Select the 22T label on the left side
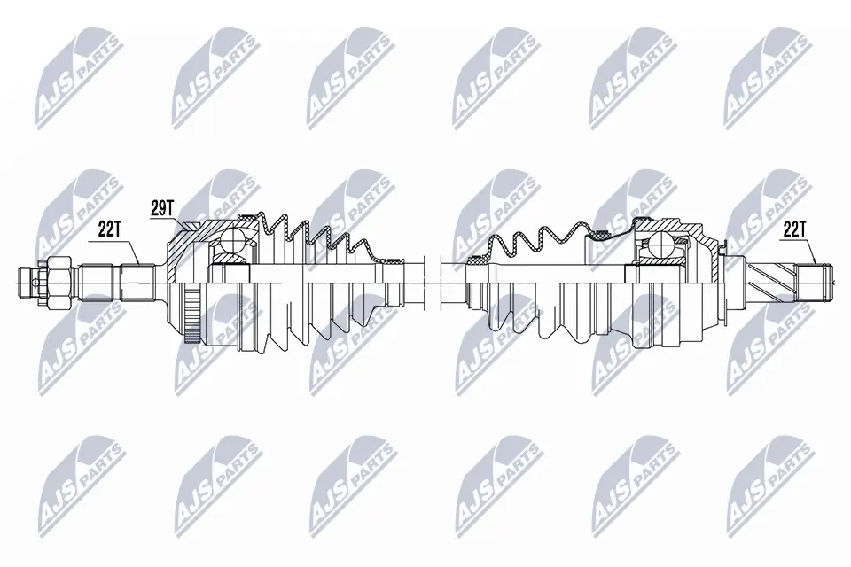108,229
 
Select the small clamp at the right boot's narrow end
478,260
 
